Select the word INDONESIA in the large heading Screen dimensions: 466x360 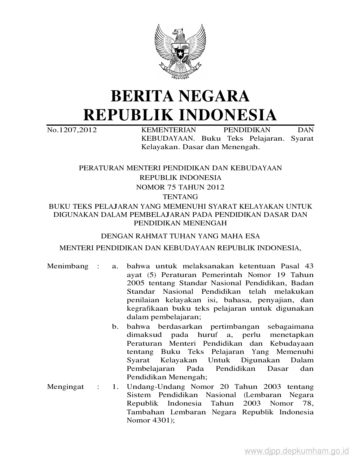(x=227, y=115)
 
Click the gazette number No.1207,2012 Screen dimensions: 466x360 (x=72, y=130)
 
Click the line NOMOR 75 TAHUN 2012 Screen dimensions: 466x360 (x=180, y=187)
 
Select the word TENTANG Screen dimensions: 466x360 (x=180, y=197)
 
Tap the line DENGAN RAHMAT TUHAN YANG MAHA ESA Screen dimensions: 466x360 (x=180, y=236)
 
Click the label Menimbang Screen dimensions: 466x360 (x=68, y=266)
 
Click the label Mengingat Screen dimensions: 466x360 (x=66, y=387)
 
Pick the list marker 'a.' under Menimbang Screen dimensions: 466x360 (x=115, y=266)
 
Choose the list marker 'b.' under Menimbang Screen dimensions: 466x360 (x=115, y=327)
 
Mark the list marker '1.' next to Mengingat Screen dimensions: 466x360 (x=115, y=387)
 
